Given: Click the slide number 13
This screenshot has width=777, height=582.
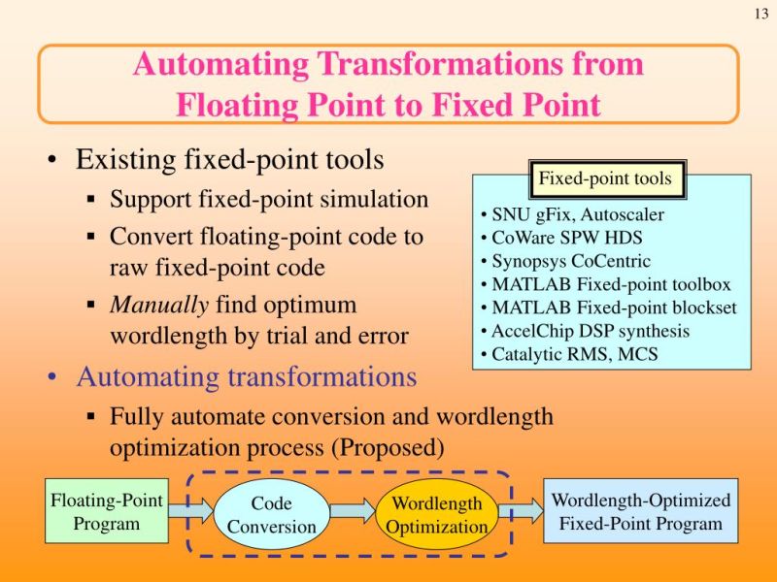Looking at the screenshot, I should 760,13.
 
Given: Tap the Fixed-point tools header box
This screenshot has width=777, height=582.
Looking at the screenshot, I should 604,178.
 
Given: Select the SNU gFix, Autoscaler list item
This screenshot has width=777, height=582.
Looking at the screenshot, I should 573,215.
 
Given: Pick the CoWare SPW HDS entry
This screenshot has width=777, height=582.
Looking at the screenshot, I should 561,239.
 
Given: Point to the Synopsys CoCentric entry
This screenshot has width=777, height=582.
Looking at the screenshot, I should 565,262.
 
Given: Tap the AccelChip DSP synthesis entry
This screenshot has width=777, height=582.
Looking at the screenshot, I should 585,331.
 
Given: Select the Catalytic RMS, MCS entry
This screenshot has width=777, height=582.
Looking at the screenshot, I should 569,354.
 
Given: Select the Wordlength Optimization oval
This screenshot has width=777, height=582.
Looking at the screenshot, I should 436,515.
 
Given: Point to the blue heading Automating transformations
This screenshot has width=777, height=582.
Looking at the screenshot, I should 247,375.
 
